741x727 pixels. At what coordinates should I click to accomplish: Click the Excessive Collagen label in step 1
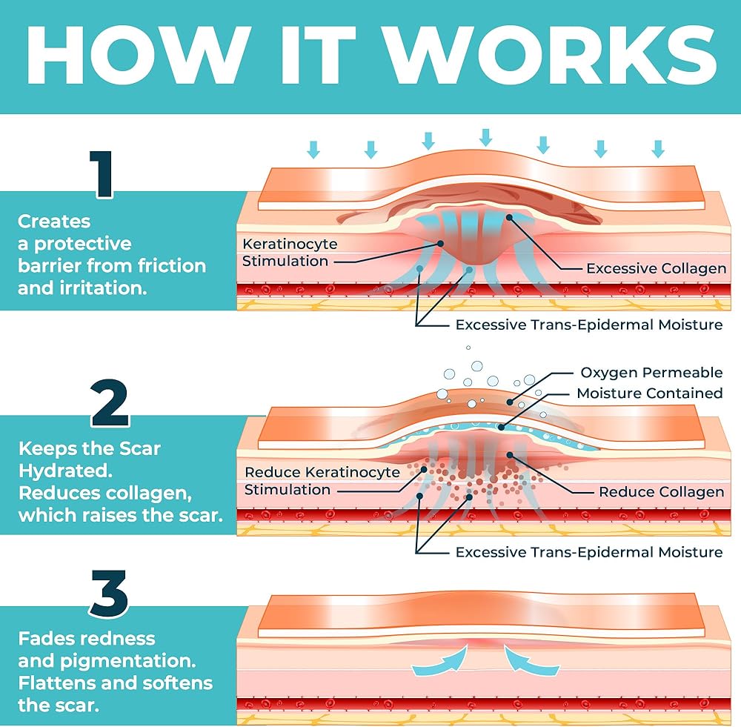click(656, 268)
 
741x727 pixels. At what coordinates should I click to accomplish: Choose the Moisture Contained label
click(649, 393)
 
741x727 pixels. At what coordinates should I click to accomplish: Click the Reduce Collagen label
click(661, 492)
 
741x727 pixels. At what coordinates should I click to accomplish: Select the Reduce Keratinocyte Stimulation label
click(322, 481)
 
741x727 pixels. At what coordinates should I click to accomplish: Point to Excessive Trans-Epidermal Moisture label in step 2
click(588, 552)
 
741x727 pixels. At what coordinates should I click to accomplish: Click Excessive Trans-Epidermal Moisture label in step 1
click(588, 325)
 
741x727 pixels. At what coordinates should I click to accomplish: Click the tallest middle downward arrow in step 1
click(485, 137)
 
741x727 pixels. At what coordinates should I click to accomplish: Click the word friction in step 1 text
click(174, 265)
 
